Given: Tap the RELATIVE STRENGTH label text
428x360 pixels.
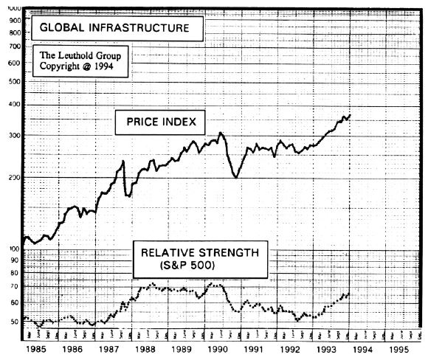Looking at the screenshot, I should coord(200,252).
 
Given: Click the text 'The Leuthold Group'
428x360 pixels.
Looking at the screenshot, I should coord(80,55).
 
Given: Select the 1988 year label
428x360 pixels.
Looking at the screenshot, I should coord(146,352).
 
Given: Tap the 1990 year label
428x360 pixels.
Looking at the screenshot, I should coord(219,352).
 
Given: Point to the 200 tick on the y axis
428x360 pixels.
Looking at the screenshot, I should coord(14,178).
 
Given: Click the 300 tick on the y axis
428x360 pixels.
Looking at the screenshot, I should coord(14,136).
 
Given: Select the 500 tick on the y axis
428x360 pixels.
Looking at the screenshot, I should coord(14,82).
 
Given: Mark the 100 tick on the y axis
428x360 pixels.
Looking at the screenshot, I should coord(14,249).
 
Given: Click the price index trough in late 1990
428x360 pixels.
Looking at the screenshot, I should coord(235,177).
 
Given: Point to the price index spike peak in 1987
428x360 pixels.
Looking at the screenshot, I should coord(123,161).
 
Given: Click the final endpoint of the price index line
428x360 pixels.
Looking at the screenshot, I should coord(350,115).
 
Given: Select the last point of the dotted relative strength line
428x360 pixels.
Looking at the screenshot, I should coord(348,294).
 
